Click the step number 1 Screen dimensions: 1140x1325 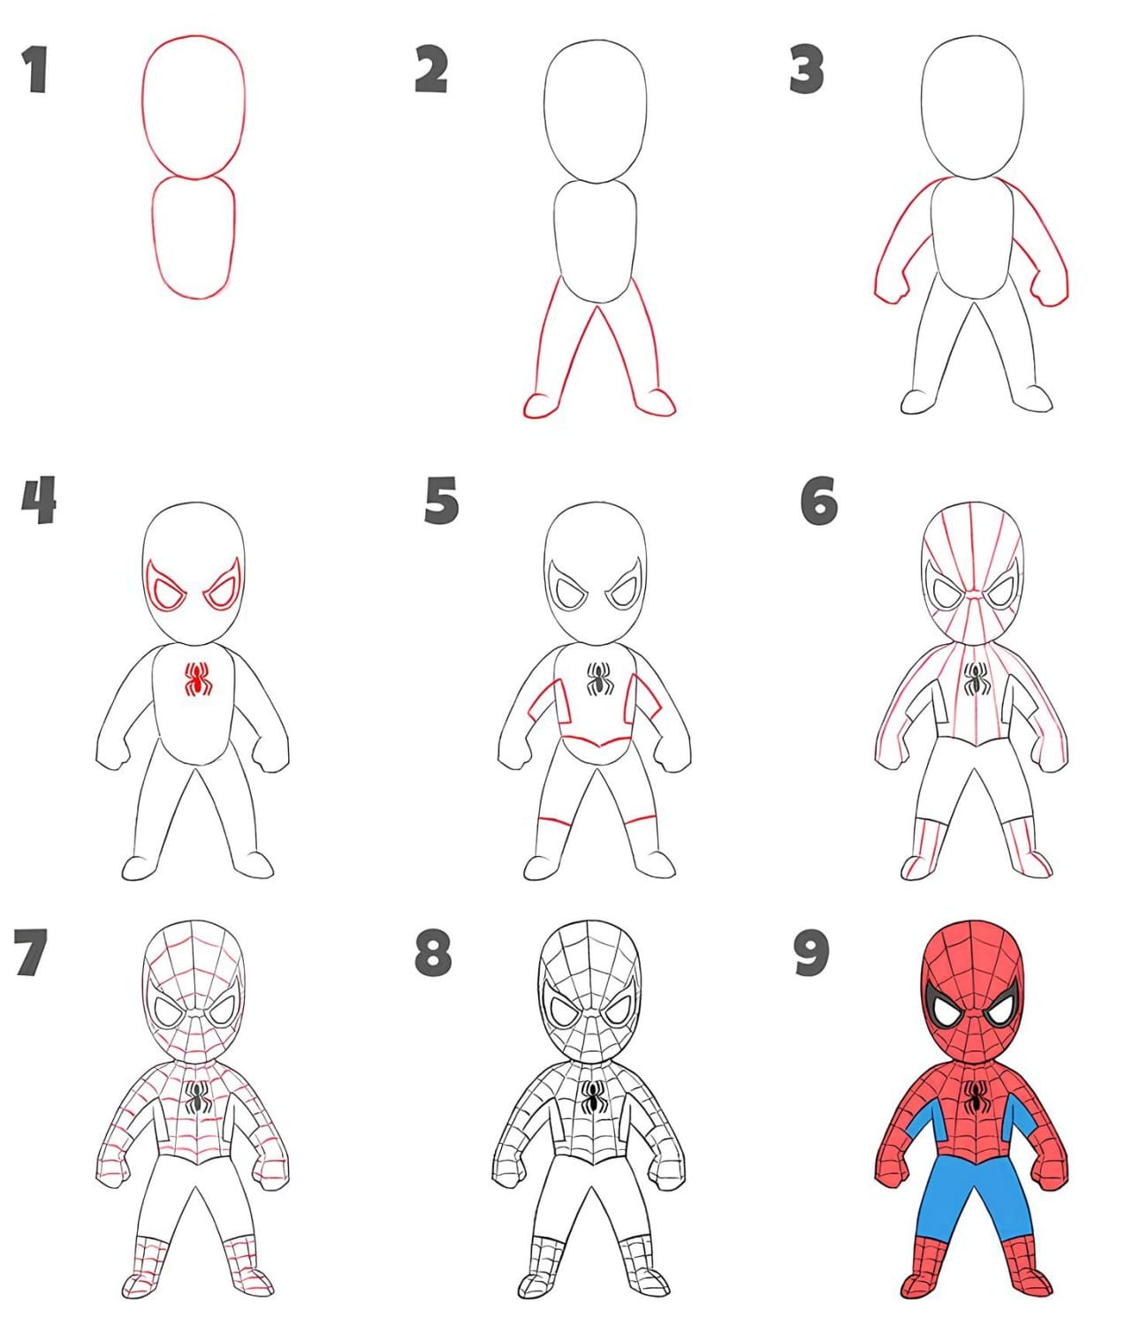click(36, 70)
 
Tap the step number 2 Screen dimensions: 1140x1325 click(430, 69)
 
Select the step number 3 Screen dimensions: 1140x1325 click(806, 69)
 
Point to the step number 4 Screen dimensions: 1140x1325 click(39, 500)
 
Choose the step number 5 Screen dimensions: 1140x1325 click(441, 500)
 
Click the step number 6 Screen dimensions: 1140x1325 click(818, 501)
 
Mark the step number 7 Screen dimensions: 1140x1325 click(30, 952)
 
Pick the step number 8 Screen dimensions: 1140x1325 click(433, 952)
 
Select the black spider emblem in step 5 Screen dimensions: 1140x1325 click(599, 679)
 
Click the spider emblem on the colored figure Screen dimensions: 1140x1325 click(976, 1116)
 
